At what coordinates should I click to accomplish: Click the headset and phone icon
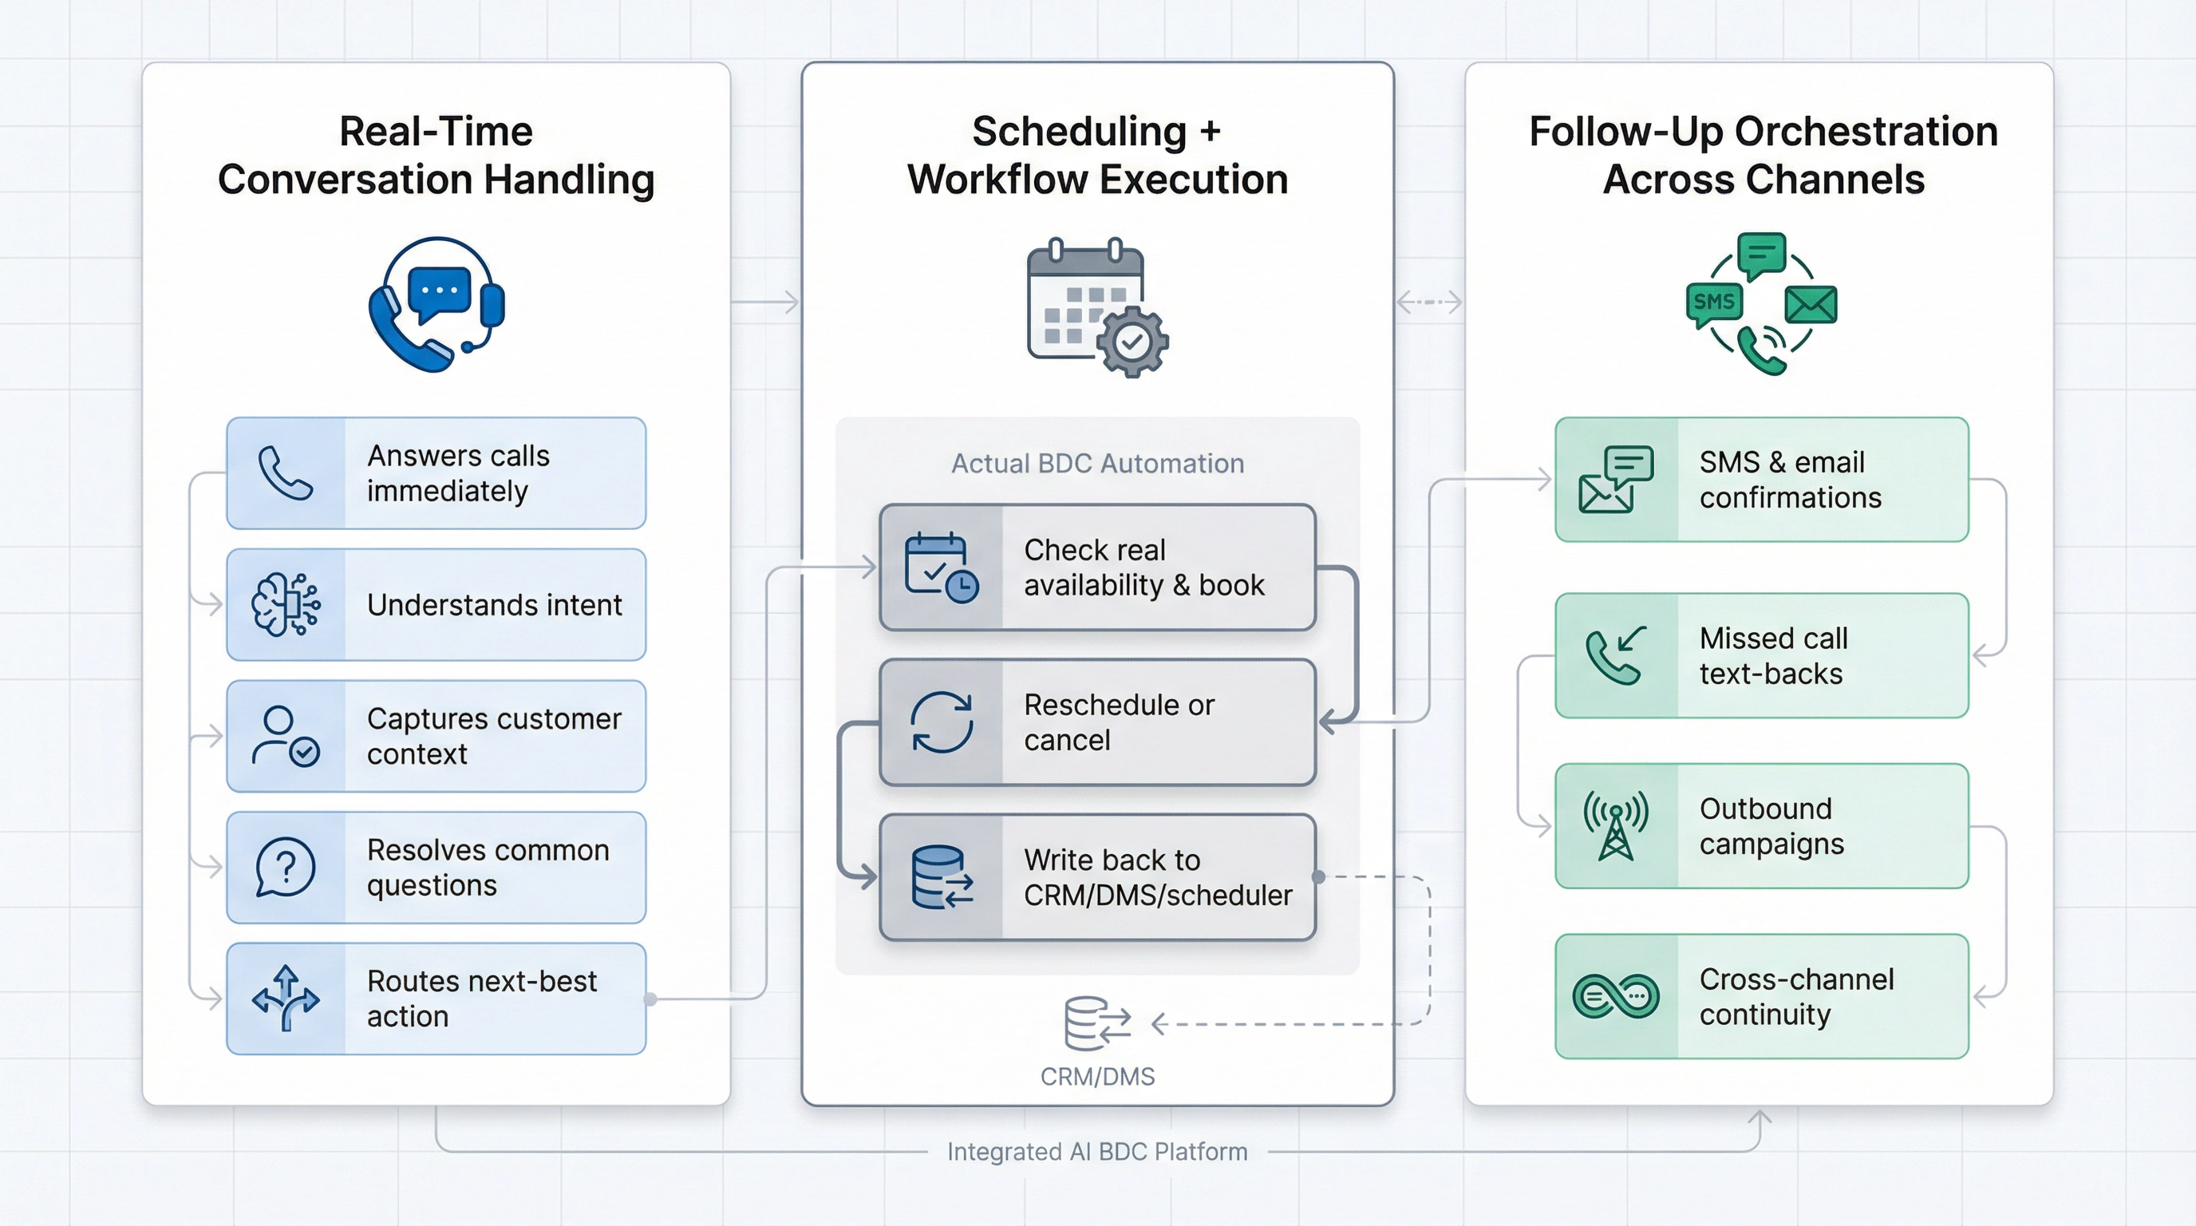436,305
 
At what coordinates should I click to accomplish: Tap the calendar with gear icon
1096,307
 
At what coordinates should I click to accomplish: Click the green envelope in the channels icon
1811,305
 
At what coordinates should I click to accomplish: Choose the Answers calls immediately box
436,473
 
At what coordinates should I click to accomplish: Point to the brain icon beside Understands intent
286,604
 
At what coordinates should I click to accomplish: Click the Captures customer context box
436,736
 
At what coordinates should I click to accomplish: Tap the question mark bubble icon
286,867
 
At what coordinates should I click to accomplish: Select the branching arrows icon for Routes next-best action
286,999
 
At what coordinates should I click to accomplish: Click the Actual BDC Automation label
1097,463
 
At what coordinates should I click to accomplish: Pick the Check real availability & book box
1097,568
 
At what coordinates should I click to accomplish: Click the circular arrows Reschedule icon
941,723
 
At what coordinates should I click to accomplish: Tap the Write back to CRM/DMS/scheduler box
1097,877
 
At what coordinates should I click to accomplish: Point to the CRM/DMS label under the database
1097,1077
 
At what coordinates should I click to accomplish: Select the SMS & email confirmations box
1761,479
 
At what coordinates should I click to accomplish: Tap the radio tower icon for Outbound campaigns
1615,826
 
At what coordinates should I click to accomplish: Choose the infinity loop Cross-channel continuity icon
1615,996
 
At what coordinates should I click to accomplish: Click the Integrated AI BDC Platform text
1097,1152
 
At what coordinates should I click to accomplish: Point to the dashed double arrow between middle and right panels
1430,302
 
